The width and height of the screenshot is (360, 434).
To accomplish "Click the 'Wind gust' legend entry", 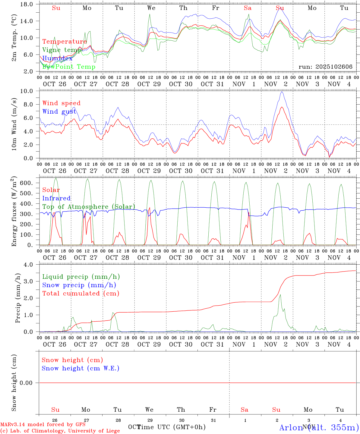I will pyautogui.click(x=59, y=112).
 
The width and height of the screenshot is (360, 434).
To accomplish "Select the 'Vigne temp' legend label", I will pyautogui.click(x=60, y=50).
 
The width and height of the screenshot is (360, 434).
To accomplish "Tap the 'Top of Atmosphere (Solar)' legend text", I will pyautogui.click(x=89, y=207).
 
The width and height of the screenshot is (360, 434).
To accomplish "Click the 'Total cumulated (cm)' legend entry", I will pyautogui.click(x=81, y=294).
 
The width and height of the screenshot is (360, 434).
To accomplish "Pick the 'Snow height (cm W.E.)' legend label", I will pyautogui.click(x=81, y=368).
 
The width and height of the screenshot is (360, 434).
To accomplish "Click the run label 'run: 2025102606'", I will pyautogui.click(x=325, y=67).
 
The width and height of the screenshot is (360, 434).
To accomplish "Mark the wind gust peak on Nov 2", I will pyautogui.click(x=282, y=92).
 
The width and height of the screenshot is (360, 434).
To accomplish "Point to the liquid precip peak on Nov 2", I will pyautogui.click(x=280, y=295).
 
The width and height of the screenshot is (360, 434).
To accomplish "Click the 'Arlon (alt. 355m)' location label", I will pyautogui.click(x=319, y=427).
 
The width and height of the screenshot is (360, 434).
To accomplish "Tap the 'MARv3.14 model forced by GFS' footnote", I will pyautogui.click(x=43, y=425).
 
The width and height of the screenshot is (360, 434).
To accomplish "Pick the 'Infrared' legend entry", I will pyautogui.click(x=56, y=198).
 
